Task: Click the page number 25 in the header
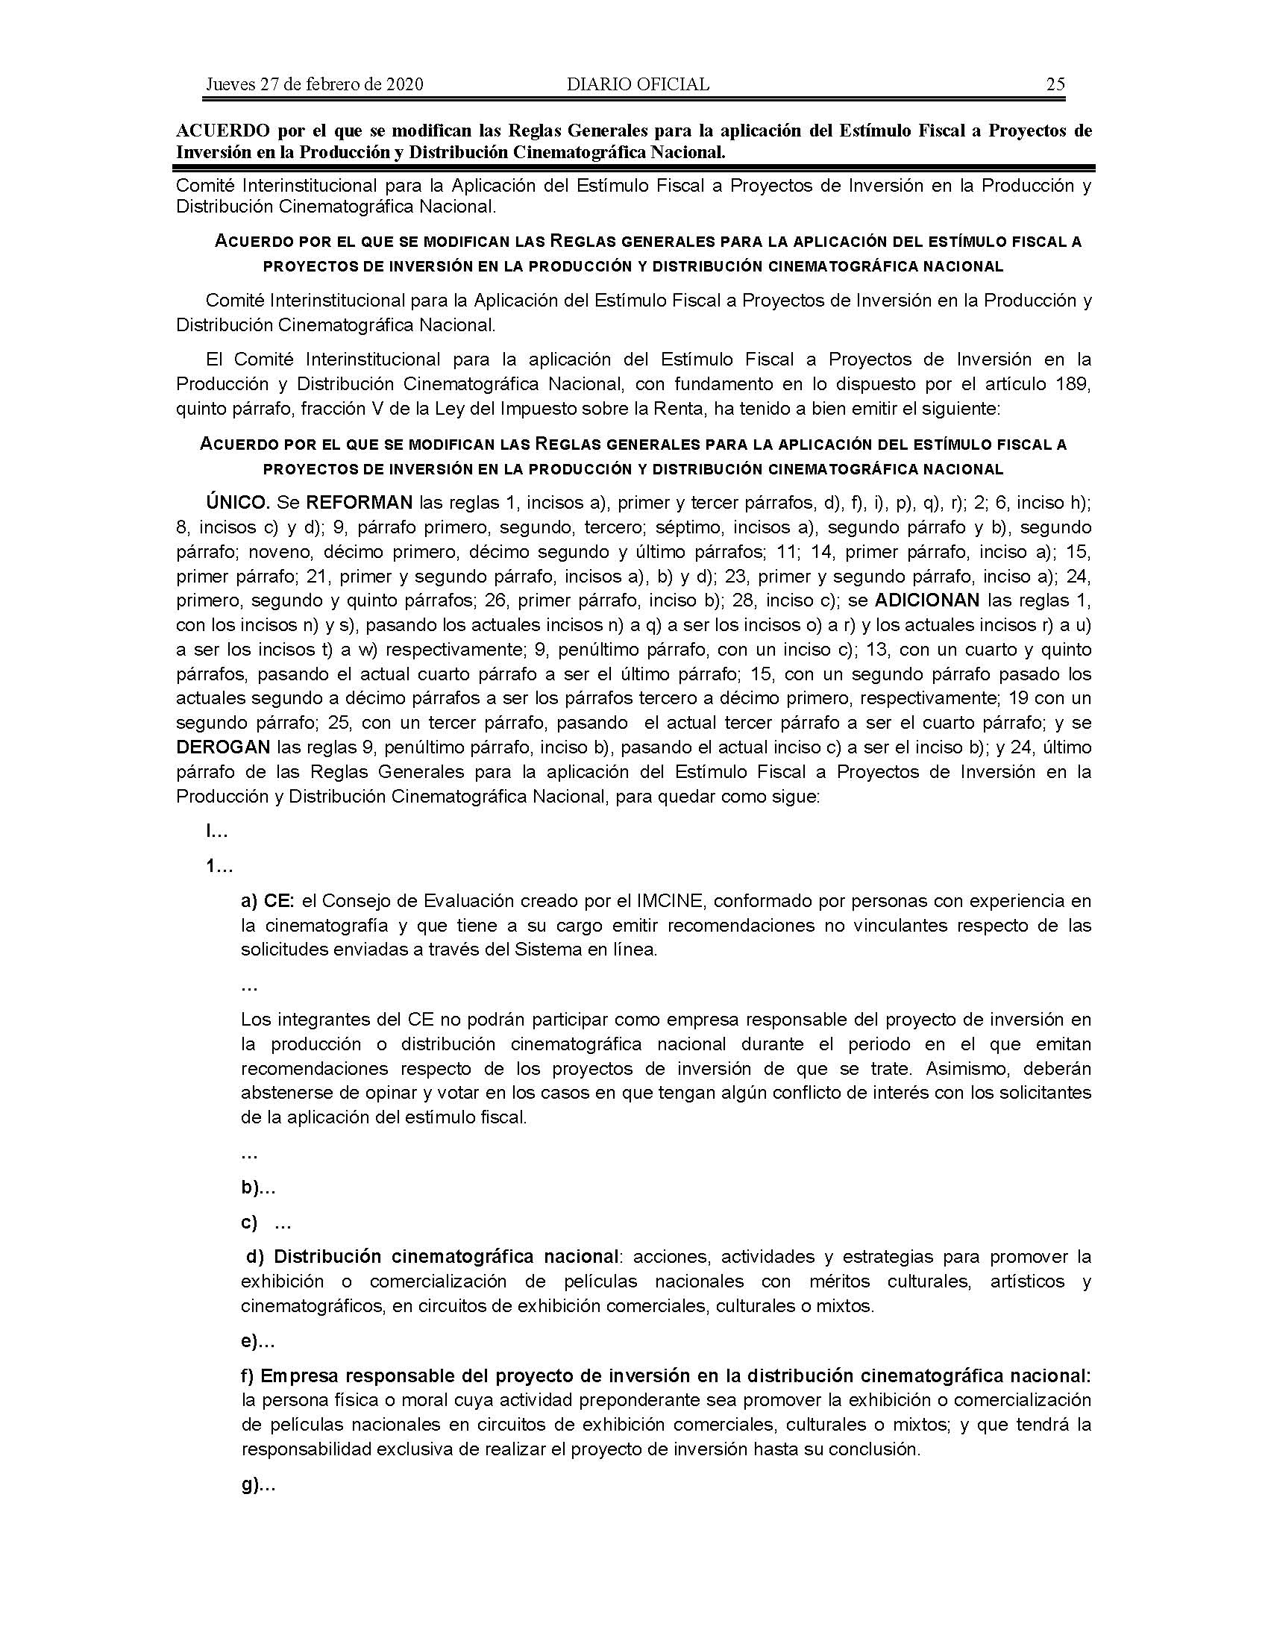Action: pos(1055,84)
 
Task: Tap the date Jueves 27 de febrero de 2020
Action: pos(314,84)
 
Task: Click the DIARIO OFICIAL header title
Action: pos(638,84)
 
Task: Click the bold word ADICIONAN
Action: pos(928,600)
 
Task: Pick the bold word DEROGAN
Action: pos(223,747)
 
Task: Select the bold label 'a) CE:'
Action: pos(269,901)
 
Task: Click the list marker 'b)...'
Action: pos(258,1189)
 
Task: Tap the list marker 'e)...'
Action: pos(257,1341)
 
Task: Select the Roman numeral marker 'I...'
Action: pos(217,832)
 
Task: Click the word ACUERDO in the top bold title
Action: pos(222,131)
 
